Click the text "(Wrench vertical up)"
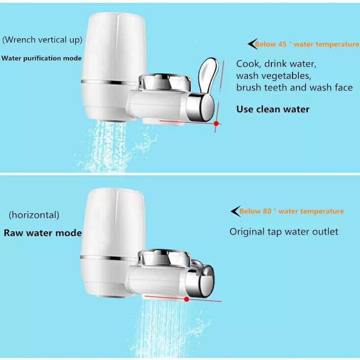42,40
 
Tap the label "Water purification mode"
42,58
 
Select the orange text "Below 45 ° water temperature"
307,44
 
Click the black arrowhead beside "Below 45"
252,44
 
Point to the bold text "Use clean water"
273,109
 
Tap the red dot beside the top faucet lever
216,123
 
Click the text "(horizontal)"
34,215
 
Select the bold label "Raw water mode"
43,233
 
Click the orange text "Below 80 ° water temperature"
292,211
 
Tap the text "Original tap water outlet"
284,232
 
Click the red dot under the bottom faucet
186,298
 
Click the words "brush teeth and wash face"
294,88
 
